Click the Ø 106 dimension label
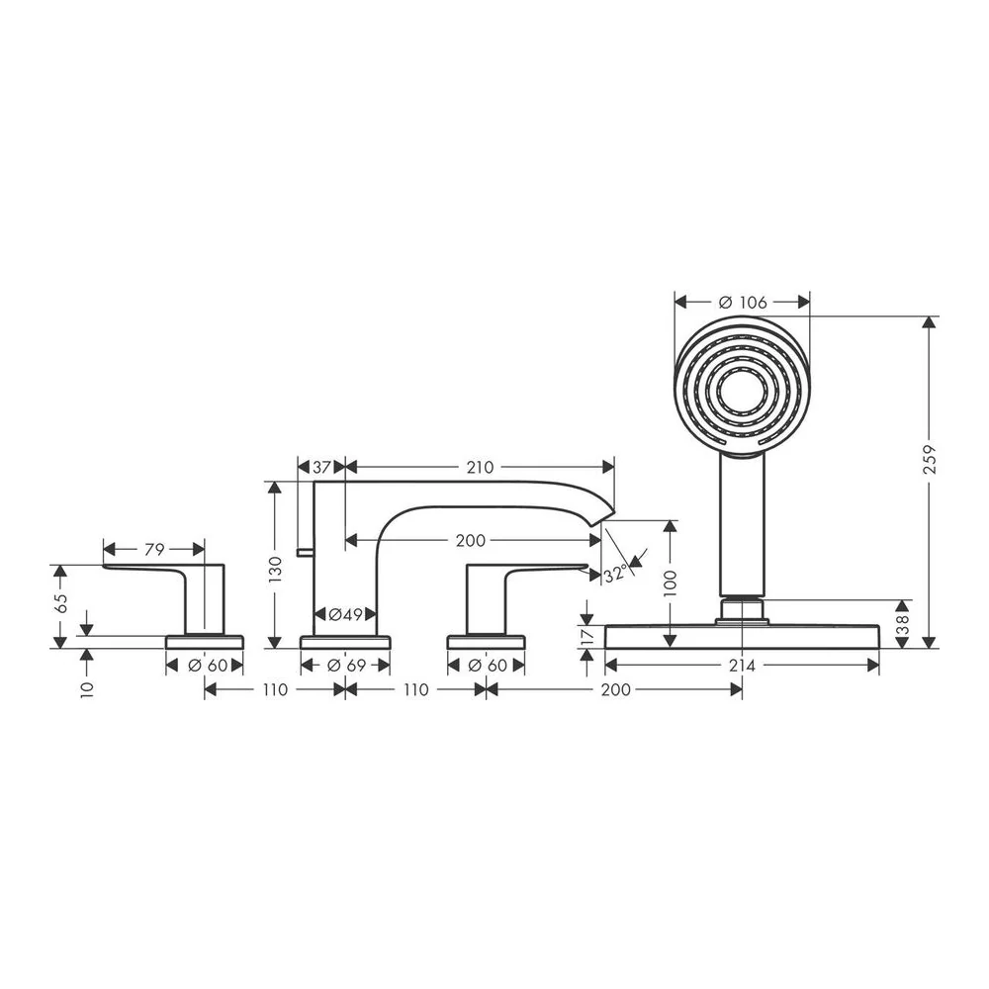coord(743,303)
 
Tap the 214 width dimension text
coord(742,666)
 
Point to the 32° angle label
coord(616,574)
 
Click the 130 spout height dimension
coord(275,571)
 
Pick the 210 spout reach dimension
coord(480,468)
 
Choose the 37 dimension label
coord(321,468)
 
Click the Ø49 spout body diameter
coord(345,614)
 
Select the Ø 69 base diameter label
coord(346,666)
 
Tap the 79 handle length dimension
coord(154,550)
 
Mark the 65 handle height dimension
coord(60,604)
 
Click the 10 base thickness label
coord(87,689)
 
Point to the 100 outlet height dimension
coord(671,584)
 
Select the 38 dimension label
coord(903,624)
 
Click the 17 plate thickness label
coord(587,636)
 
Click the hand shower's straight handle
coord(743,524)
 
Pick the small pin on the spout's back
coord(306,553)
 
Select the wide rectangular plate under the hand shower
coord(742,636)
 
